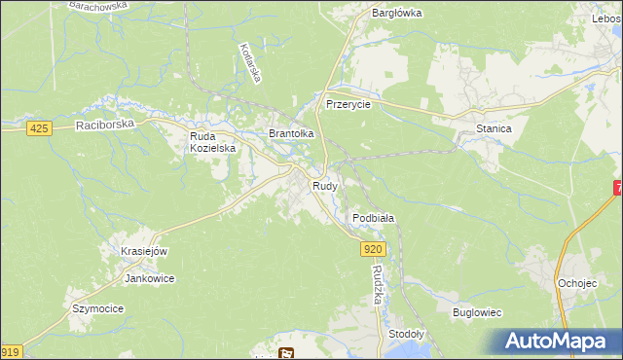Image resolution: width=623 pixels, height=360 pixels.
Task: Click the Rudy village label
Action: pyautogui.click(x=325, y=185)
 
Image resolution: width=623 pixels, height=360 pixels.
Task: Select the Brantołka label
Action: pyautogui.click(x=291, y=133)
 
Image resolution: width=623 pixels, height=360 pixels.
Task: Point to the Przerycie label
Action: pyautogui.click(x=348, y=105)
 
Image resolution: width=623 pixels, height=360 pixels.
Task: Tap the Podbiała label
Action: pyautogui.click(x=373, y=219)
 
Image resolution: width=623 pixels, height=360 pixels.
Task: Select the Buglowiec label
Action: pyautogui.click(x=477, y=313)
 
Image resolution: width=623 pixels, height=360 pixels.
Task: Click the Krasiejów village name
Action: pyautogui.click(x=144, y=251)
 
